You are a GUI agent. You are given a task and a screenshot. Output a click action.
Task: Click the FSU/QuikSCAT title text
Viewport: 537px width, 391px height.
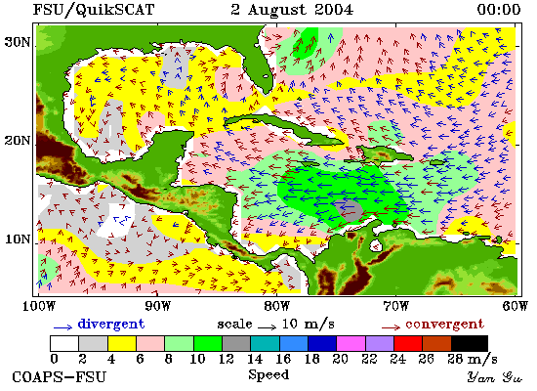coord(94,9)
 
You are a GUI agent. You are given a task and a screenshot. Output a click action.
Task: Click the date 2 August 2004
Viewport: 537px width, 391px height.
coord(292,9)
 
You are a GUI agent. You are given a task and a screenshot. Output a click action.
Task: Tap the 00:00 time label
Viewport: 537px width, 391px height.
coord(499,9)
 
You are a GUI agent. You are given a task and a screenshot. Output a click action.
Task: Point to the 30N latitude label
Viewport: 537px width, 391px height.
coord(18,42)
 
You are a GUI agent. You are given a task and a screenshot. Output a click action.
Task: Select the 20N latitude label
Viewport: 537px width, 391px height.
coord(18,141)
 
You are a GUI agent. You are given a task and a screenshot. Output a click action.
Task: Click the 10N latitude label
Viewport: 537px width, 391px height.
coord(18,239)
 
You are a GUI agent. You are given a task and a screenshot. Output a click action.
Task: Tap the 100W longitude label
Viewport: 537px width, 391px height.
coord(39,306)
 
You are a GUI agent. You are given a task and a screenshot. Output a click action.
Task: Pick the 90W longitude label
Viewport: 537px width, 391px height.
coord(157,306)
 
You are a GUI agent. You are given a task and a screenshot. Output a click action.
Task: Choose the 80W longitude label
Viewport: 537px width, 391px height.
coord(276,306)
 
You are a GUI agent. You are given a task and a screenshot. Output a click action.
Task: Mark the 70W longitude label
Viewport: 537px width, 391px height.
coord(395,306)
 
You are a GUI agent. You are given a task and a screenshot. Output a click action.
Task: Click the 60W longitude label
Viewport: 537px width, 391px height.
coord(516,306)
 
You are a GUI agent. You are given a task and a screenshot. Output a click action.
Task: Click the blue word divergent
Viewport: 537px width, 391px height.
coord(111,324)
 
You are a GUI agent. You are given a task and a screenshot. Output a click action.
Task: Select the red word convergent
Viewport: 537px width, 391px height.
coord(445,325)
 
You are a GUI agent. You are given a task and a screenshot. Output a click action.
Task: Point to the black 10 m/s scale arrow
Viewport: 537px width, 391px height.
coord(267,327)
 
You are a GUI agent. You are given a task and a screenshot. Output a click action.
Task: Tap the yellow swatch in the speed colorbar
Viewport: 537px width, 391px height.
coord(122,343)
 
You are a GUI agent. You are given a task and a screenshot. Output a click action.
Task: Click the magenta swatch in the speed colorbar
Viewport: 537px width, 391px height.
coord(351,343)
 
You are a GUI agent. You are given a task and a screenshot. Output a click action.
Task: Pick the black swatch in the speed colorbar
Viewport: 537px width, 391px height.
coord(470,343)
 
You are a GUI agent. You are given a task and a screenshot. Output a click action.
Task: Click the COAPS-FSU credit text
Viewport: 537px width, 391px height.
coord(59,377)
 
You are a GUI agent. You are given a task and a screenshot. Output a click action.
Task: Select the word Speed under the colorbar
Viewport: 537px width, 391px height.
coord(268,374)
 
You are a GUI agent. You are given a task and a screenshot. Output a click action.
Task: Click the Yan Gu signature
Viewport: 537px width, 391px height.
coord(495,377)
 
